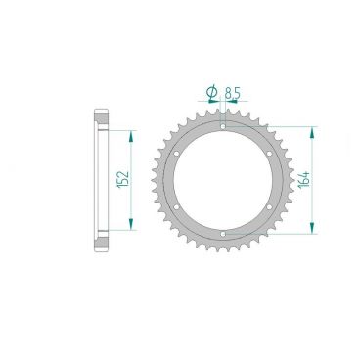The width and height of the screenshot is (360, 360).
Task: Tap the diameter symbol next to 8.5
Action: [x=211, y=93]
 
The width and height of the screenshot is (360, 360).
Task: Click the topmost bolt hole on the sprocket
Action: [x=223, y=126]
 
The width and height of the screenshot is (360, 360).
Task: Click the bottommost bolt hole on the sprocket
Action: [x=223, y=234]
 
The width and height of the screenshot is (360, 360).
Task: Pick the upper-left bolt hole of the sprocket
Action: [x=176, y=153]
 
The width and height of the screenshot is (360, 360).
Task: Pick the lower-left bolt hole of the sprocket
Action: [x=176, y=207]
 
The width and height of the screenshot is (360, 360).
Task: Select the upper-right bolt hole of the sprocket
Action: [x=270, y=153]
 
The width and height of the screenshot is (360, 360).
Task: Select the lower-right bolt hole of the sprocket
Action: [x=270, y=207]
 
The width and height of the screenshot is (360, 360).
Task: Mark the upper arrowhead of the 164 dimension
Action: [x=312, y=128]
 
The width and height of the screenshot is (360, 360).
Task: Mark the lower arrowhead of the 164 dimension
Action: [x=312, y=231]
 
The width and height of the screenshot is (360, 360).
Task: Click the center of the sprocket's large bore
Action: [x=223, y=180]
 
